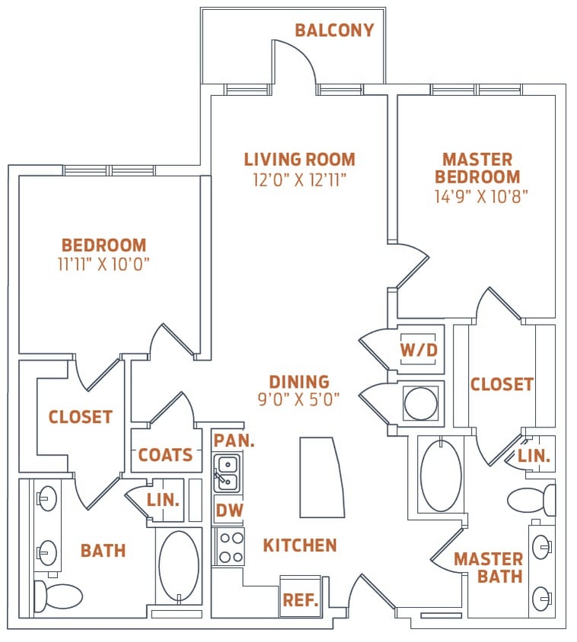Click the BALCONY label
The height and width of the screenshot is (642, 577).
(x=334, y=30)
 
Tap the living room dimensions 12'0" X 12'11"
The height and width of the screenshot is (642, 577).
(x=299, y=180)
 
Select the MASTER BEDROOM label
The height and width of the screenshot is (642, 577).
(x=477, y=168)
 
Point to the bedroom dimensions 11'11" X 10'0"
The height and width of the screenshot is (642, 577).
(x=104, y=265)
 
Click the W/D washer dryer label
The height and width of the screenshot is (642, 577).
(x=419, y=350)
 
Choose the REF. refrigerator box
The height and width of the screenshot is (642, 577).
(x=300, y=599)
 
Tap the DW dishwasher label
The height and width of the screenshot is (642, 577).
(x=228, y=510)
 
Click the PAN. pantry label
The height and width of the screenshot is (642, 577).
(x=234, y=440)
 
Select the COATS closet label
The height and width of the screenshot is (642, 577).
(x=165, y=455)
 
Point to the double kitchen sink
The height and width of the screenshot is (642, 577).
(x=227, y=472)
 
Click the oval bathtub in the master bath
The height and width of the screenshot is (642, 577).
(x=441, y=475)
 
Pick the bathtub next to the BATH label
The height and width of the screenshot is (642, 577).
(x=179, y=567)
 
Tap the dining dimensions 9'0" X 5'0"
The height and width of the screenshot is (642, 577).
(x=299, y=398)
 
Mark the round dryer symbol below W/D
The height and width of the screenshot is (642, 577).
(x=421, y=403)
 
